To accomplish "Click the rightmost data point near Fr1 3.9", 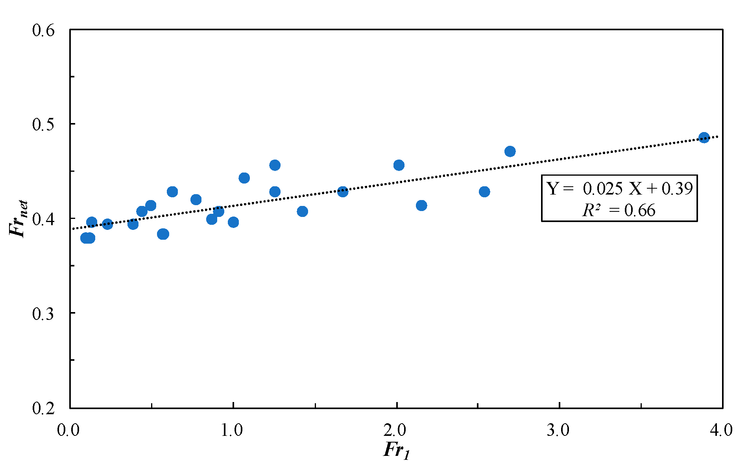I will [x=704, y=138].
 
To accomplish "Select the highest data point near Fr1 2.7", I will [x=510, y=151].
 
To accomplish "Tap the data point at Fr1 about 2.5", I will [x=484, y=192].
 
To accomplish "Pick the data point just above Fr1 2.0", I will [x=399, y=165].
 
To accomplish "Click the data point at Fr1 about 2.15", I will [x=421, y=206].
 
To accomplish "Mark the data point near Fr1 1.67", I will [x=343, y=192].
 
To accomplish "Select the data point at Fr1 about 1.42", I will [x=302, y=211].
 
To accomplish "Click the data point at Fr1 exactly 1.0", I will [x=233, y=222].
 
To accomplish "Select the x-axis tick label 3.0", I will [x=559, y=430].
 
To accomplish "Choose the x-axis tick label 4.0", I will [x=722, y=430].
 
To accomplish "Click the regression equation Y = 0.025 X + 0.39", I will [x=619, y=189].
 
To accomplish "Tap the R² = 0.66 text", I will [x=619, y=211].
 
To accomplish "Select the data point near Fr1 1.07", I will [x=244, y=178].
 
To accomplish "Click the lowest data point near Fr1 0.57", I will [x=163, y=234].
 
